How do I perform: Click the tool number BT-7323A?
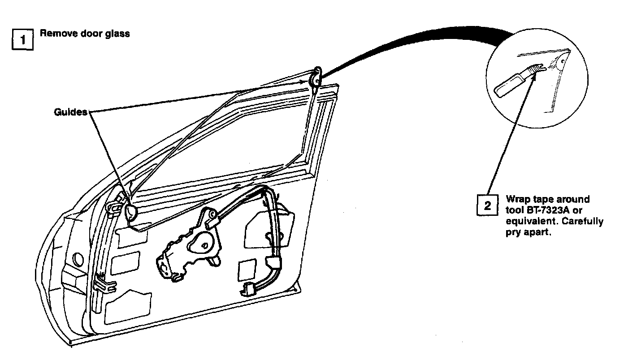click(544, 210)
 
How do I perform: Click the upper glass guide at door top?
click(316, 77)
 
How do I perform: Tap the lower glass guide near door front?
click(130, 212)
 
